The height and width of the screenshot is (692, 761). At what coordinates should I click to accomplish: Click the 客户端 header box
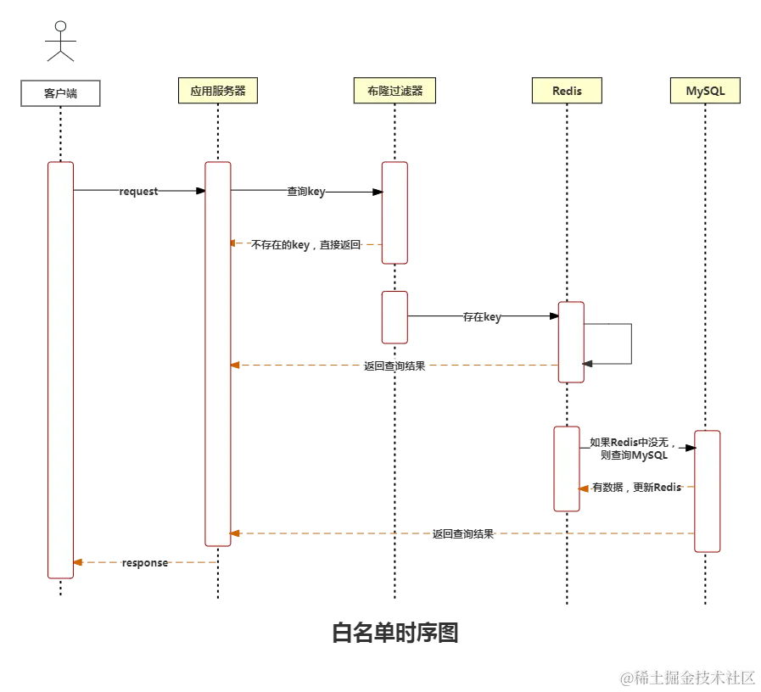tap(60, 93)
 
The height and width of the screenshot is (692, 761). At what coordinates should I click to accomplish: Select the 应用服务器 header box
tap(217, 91)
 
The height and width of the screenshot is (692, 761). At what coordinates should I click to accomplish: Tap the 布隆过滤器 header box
tap(394, 91)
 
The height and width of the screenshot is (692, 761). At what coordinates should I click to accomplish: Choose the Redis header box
tap(567, 91)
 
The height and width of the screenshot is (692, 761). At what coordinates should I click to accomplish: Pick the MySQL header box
tap(704, 91)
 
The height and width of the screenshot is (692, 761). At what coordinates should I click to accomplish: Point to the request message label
tap(138, 192)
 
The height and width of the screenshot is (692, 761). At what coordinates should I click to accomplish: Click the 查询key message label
tap(305, 192)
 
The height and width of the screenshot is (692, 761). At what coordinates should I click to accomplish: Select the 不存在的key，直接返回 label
tap(305, 244)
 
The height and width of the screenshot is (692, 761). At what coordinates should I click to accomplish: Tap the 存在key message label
tap(481, 316)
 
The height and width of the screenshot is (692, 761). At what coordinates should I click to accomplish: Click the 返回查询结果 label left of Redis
tap(394, 366)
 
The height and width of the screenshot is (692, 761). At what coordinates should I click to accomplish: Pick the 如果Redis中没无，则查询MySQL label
tap(634, 448)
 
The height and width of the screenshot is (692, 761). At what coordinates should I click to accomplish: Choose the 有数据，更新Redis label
tap(636, 488)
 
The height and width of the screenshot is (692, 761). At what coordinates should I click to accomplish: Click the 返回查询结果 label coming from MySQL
tap(462, 533)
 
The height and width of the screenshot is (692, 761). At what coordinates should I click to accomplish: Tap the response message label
tap(144, 562)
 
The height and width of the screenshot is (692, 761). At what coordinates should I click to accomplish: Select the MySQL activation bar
tap(707, 492)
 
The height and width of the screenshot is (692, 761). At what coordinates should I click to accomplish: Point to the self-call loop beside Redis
tap(632, 341)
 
